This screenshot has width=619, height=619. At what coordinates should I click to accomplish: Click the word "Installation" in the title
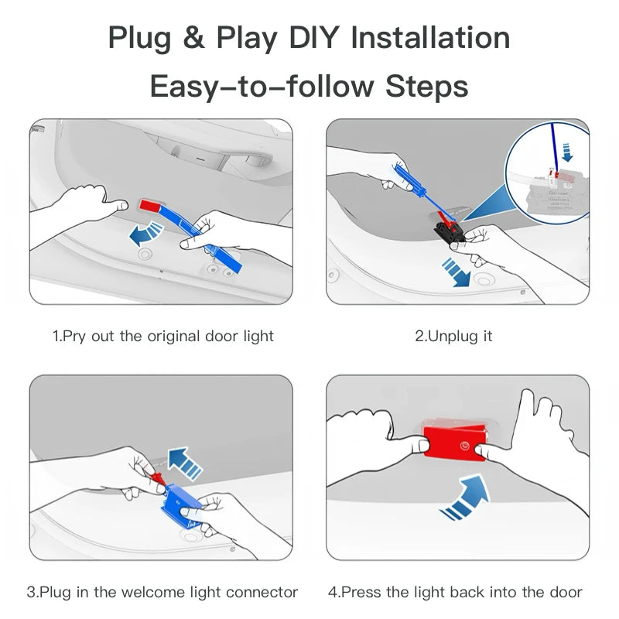(x=430, y=38)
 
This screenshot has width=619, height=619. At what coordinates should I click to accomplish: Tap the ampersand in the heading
(x=193, y=38)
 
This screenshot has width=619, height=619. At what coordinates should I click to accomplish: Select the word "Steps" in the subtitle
(x=427, y=87)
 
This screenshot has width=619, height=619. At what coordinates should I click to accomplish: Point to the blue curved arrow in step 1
(x=145, y=234)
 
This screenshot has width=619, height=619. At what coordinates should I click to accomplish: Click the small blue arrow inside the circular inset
(x=567, y=152)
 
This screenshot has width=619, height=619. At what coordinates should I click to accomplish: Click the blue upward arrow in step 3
(x=185, y=463)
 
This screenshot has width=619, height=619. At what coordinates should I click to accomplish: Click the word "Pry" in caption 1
(x=74, y=337)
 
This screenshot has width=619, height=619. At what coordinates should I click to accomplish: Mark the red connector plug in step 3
(x=159, y=478)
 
